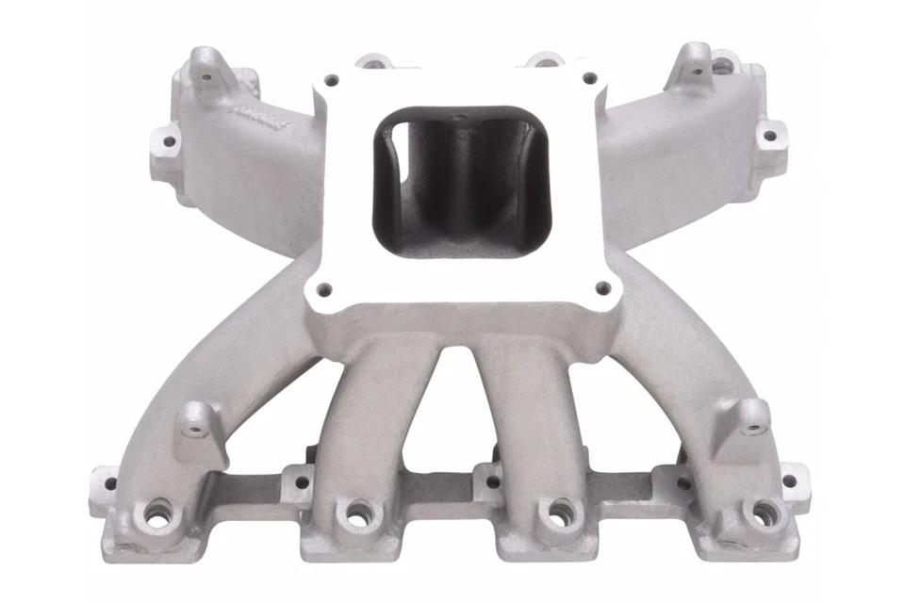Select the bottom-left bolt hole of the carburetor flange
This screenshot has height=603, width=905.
coord(323,288)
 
